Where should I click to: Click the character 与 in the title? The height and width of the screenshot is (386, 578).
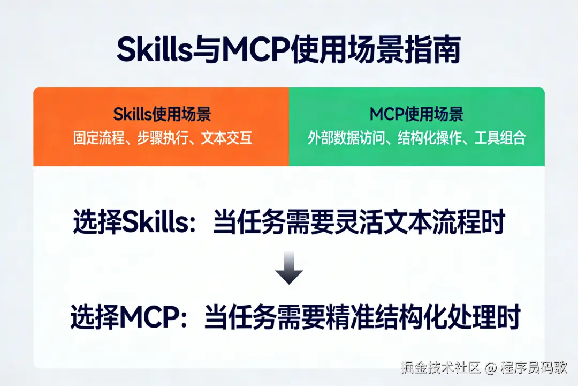click(x=206, y=49)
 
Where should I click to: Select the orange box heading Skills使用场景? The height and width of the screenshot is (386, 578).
click(x=162, y=114)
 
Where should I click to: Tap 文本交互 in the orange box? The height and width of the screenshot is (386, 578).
click(x=227, y=138)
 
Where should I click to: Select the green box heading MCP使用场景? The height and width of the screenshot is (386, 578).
click(x=416, y=114)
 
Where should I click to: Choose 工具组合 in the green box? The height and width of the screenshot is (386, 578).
click(x=500, y=138)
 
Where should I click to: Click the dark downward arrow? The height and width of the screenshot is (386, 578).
click(x=289, y=268)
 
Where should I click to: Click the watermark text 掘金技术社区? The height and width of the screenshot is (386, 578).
click(x=440, y=368)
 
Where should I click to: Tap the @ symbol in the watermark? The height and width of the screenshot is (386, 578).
click(x=491, y=368)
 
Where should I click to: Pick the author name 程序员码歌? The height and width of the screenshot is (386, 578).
click(x=534, y=368)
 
